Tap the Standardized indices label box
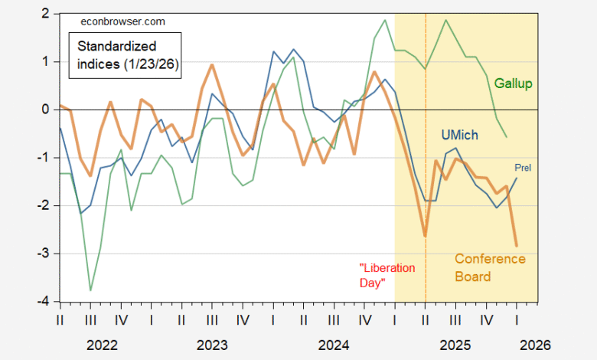[x=127, y=55]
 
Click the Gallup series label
[x=514, y=83]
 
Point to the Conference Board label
[x=490, y=267]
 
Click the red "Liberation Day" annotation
[x=387, y=275]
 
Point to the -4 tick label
[x=44, y=302]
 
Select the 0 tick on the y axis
[x=47, y=110]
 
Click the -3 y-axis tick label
[x=44, y=254]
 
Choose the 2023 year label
[x=212, y=345]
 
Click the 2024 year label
[x=332, y=345]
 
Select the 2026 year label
[x=533, y=345]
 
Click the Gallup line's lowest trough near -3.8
[x=91, y=290]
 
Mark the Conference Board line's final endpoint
[x=517, y=246]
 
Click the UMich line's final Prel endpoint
[x=517, y=178]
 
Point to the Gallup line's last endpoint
[x=506, y=137]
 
